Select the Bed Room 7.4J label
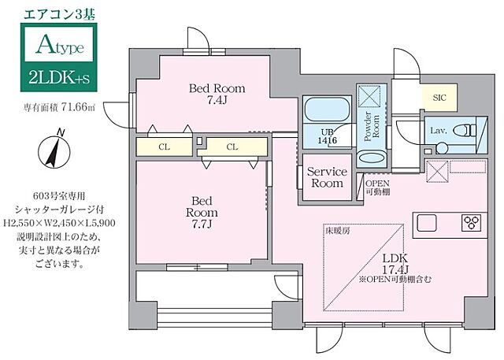pyautogui.click(x=216, y=95)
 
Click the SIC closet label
pyautogui.click(x=438, y=96)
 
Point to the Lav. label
pyautogui.click(x=437, y=130)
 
